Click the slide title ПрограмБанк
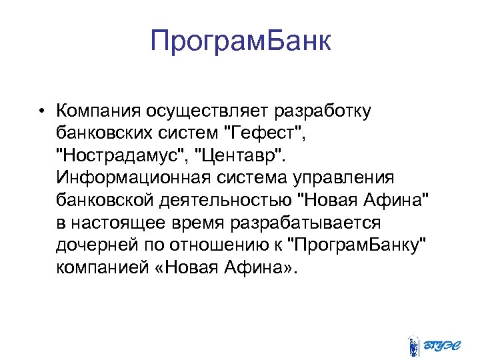pyautogui.click(x=240, y=42)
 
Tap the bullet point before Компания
pyautogui.click(x=41, y=110)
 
